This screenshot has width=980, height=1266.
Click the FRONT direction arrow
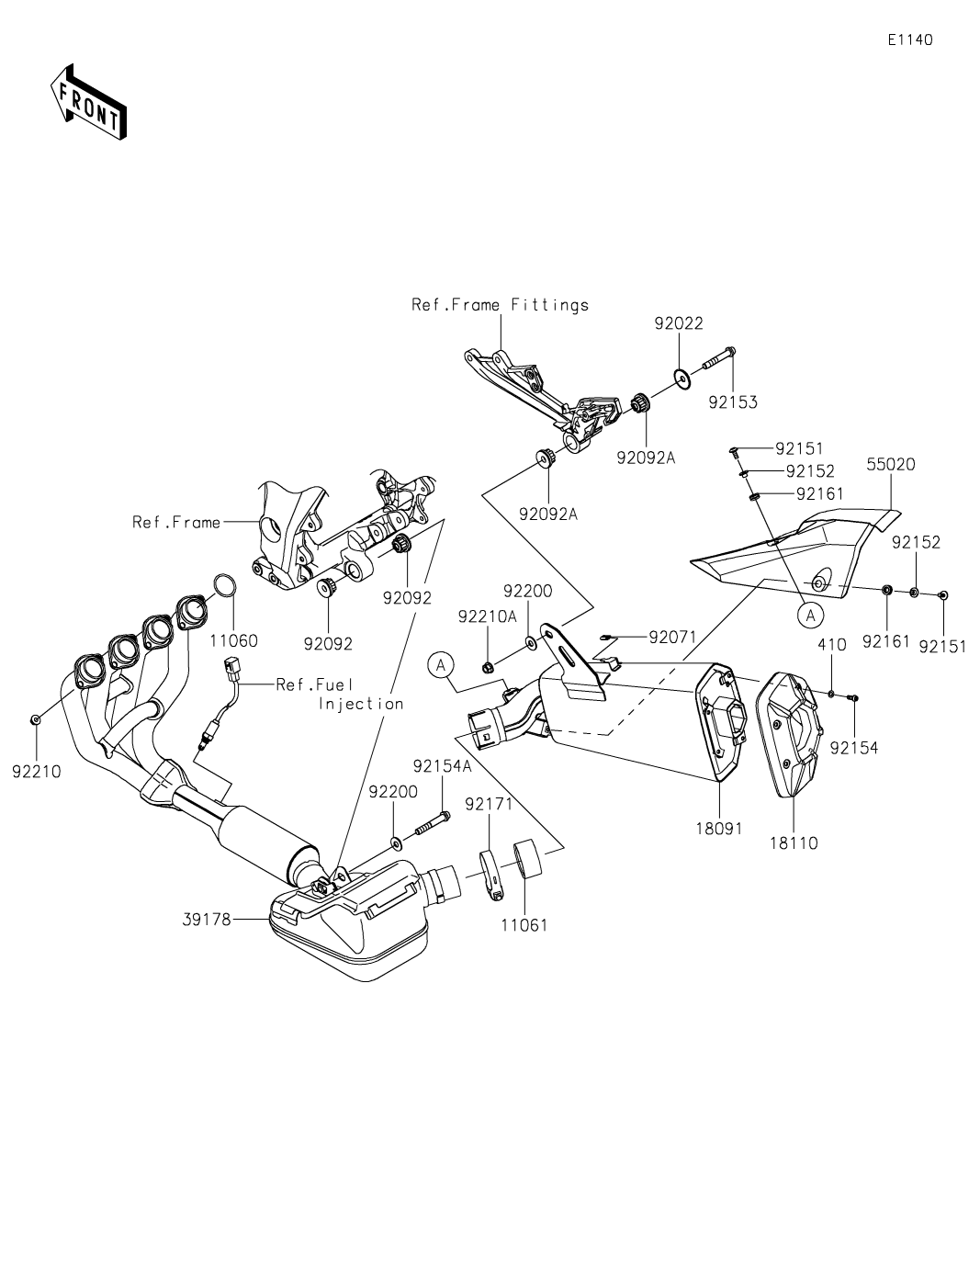88,102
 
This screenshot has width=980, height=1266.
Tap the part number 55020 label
890,465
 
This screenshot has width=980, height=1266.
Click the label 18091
719,827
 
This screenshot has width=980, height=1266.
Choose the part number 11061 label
524,925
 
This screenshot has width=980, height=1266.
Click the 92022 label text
679,323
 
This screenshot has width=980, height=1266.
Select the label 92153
733,402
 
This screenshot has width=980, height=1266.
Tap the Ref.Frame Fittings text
500,305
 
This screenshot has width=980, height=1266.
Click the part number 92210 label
37,772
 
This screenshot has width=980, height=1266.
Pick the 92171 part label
489,804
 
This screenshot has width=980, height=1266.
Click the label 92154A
442,765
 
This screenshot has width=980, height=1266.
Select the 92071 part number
673,637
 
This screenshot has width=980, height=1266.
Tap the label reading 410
831,645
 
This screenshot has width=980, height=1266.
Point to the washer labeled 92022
681,377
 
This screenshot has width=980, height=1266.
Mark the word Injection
361,704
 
